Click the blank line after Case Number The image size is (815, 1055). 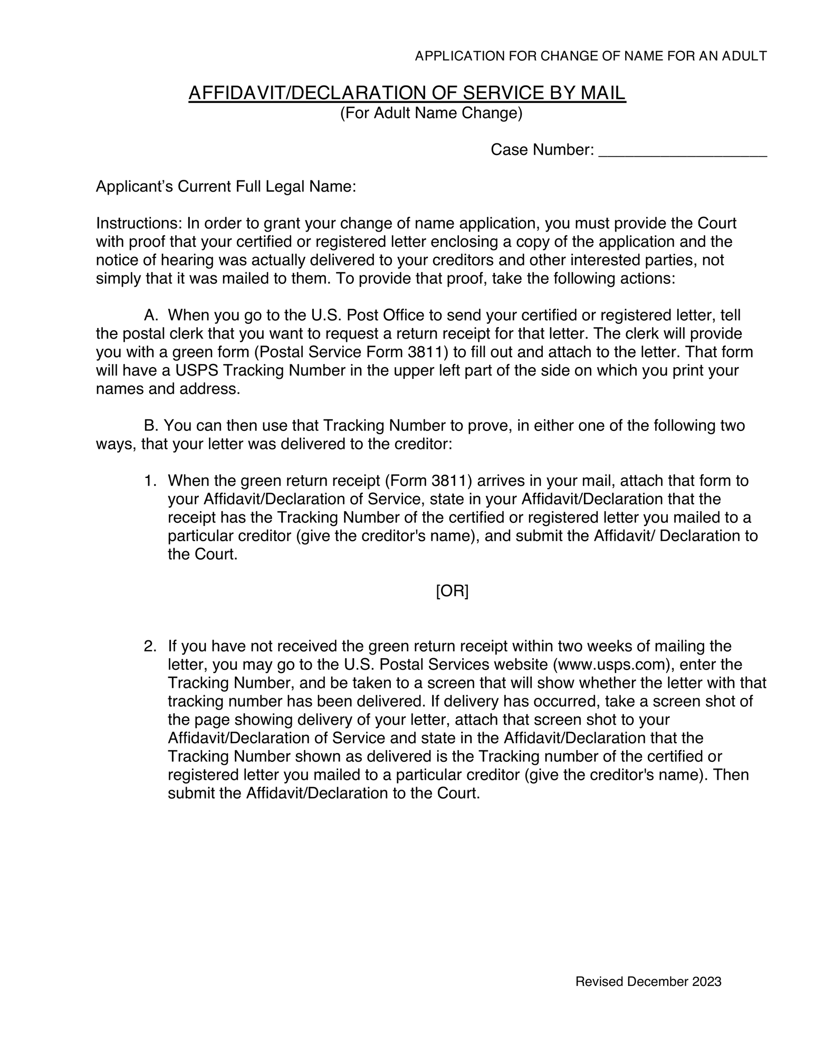[683, 152]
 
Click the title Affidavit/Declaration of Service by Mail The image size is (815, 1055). [407, 93]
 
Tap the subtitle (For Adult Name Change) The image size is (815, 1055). [431, 113]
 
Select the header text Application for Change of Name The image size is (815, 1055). [590, 56]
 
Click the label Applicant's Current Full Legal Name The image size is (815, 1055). [226, 187]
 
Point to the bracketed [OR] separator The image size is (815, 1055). [452, 591]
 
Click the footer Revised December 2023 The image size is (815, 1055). [648, 981]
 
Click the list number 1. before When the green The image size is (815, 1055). [150, 481]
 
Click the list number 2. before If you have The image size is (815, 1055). [150, 646]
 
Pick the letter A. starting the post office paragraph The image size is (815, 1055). [151, 315]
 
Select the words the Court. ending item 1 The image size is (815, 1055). [203, 554]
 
